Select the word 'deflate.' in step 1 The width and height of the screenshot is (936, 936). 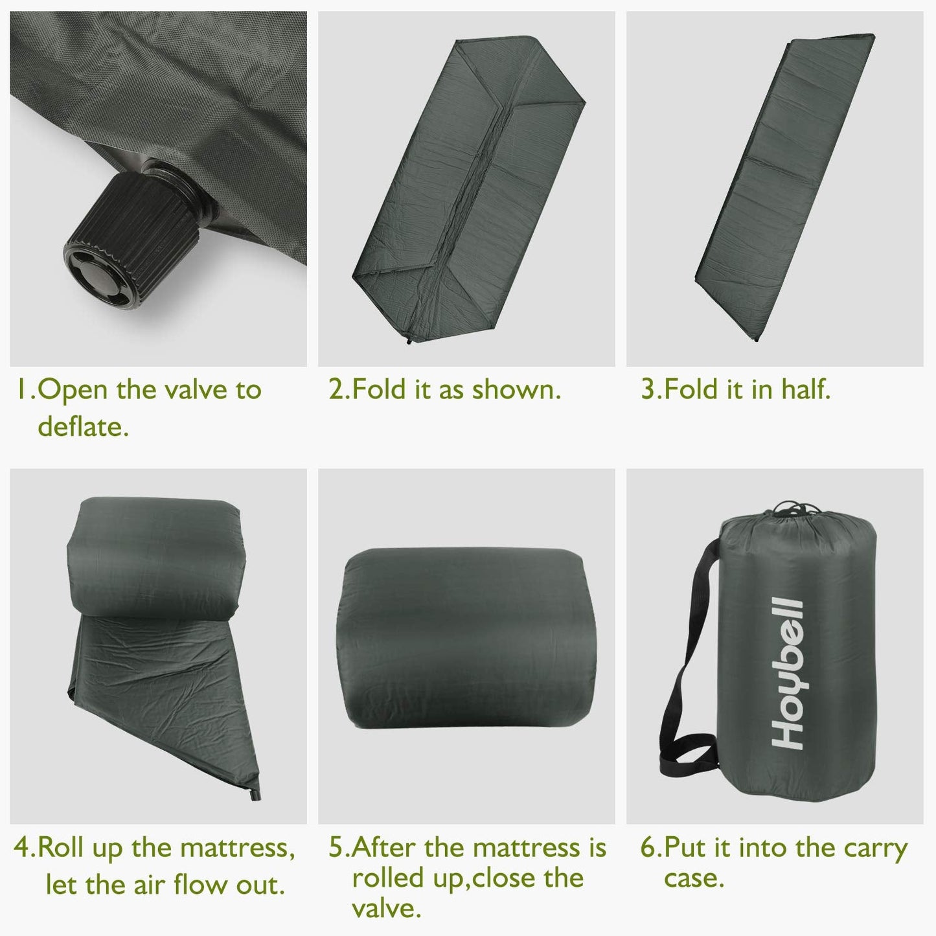pyautogui.click(x=83, y=427)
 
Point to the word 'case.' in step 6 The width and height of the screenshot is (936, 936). pyautogui.click(x=694, y=879)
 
